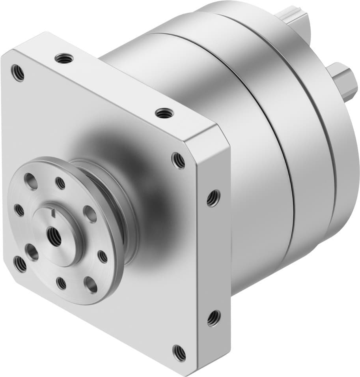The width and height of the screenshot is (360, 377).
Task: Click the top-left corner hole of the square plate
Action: point(18,73)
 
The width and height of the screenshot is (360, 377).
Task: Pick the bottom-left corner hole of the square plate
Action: point(20,264)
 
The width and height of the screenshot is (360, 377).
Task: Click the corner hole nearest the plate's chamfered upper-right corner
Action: point(179,159)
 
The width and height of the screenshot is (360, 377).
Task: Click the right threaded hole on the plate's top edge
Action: point(162,113)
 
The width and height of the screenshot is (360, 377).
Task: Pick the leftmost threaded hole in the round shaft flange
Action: point(19,210)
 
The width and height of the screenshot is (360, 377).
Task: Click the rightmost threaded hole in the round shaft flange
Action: point(103,257)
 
